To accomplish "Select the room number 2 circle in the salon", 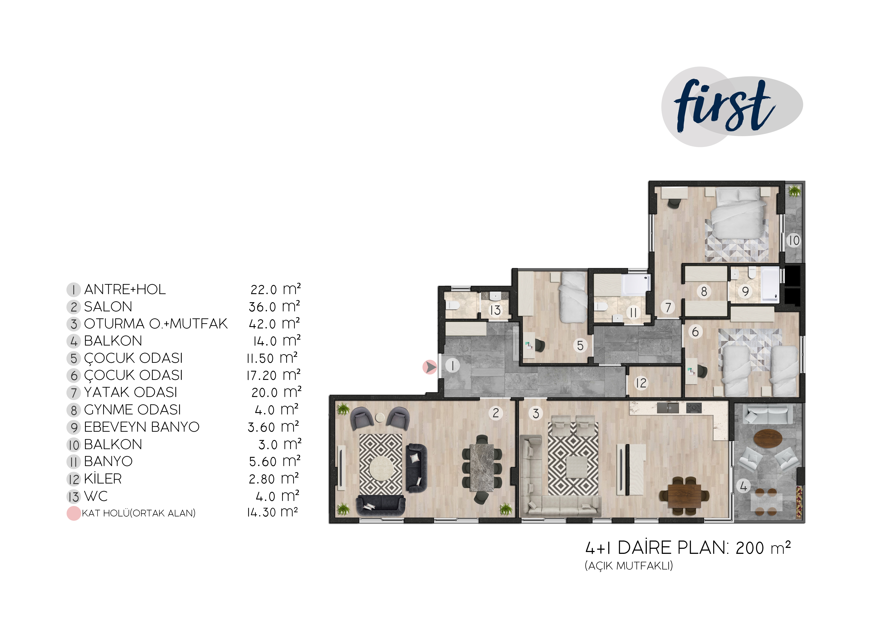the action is pyautogui.click(x=496, y=413).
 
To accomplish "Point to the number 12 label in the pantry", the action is pyautogui.click(x=641, y=383).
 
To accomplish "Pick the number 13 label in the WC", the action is pyautogui.click(x=495, y=310).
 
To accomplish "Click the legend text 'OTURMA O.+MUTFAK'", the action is pyautogui.click(x=156, y=324).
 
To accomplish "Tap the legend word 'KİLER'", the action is pyautogui.click(x=103, y=479).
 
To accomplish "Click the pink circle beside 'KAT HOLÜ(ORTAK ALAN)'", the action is pyautogui.click(x=73, y=513).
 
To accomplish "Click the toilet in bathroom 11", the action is pyautogui.click(x=601, y=307).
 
